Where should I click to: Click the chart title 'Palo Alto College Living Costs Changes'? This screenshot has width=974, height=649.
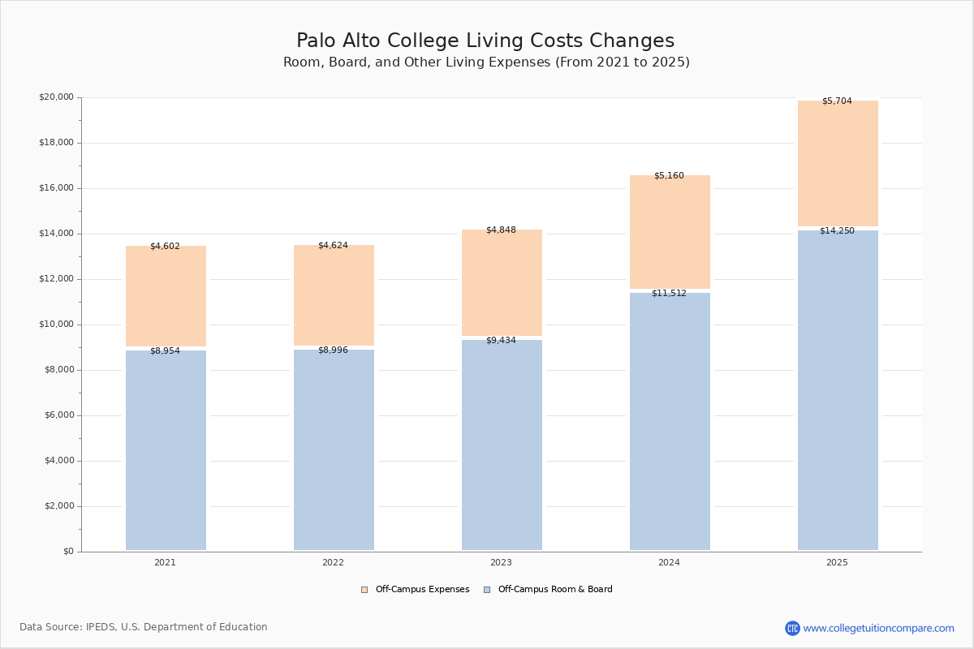point(485,41)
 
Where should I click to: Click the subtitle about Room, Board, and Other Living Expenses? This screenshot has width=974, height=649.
point(486,62)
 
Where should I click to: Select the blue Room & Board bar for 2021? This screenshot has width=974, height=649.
point(166,450)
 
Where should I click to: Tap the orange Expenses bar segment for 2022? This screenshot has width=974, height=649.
point(334,295)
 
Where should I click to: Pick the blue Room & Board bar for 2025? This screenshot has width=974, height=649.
point(838,390)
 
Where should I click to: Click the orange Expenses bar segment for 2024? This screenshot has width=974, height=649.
point(670,232)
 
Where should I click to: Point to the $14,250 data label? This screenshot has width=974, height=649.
point(837,231)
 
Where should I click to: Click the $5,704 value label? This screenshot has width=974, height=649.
point(837,101)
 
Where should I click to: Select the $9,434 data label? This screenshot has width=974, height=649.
point(501,341)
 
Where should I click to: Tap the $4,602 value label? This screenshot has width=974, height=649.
point(165,247)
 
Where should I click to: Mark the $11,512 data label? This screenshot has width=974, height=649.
point(669,294)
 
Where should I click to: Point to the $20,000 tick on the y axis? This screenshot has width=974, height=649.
point(56,97)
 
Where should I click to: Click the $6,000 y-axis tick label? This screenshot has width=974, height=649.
point(58,415)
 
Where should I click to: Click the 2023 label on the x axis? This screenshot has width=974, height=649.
point(501,563)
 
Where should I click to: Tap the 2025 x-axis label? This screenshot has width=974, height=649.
point(837,563)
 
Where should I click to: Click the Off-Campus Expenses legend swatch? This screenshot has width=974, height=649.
point(364,590)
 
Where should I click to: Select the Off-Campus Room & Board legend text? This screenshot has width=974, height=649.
point(555,590)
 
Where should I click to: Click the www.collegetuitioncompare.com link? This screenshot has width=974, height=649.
point(878,629)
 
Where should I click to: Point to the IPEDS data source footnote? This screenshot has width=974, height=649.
point(144,627)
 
